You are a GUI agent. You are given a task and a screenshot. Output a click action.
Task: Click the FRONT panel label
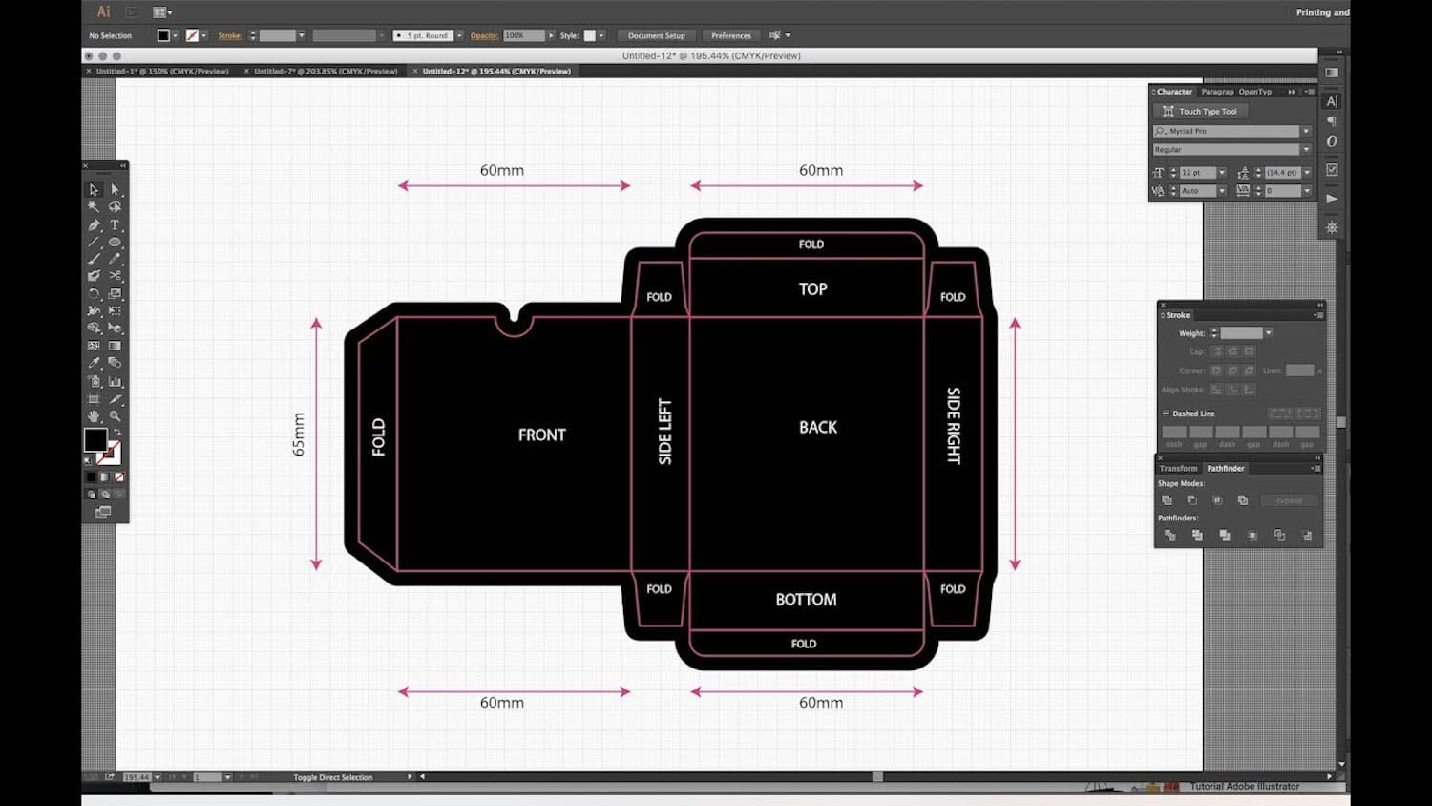pyautogui.click(x=541, y=435)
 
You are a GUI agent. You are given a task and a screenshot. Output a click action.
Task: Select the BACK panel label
pyautogui.click(x=817, y=427)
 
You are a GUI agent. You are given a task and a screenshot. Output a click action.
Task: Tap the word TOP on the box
pyautogui.click(x=812, y=288)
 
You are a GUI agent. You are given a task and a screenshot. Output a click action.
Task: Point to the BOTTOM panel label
pyautogui.click(x=806, y=599)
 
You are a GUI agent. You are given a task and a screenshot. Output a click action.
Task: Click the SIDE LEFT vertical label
pyautogui.click(x=665, y=432)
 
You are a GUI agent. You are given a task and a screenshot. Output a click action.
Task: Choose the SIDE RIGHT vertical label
pyautogui.click(x=953, y=426)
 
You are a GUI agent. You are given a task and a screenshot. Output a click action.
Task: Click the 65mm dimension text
pyautogui.click(x=299, y=435)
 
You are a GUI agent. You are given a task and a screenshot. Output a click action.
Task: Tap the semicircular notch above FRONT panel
pyautogui.click(x=515, y=322)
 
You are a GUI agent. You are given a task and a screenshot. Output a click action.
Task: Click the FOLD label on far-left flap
pyautogui.click(x=378, y=437)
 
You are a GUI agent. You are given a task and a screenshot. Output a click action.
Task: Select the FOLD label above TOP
pyautogui.click(x=811, y=244)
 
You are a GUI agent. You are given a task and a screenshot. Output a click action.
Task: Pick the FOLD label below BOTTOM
pyautogui.click(x=804, y=644)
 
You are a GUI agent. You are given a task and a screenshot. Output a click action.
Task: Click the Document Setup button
pyautogui.click(x=656, y=36)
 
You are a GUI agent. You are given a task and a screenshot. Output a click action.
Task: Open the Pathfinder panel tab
pyautogui.click(x=1225, y=469)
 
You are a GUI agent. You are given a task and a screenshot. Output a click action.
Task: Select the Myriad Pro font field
pyautogui.click(x=1229, y=131)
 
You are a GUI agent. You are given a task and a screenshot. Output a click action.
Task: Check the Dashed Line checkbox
pyautogui.click(x=1166, y=414)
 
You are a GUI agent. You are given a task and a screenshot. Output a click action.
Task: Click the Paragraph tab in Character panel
pyautogui.click(x=1217, y=92)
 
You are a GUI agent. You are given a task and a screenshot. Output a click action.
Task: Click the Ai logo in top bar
pyautogui.click(x=103, y=11)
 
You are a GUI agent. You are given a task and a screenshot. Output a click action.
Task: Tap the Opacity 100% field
pyautogui.click(x=523, y=36)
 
